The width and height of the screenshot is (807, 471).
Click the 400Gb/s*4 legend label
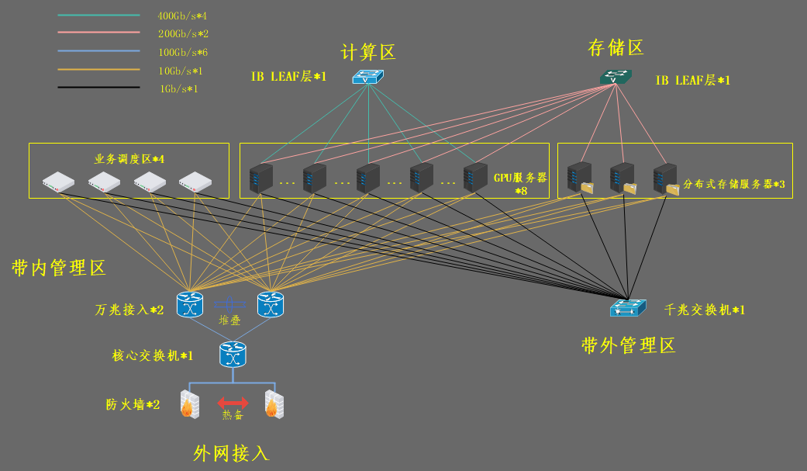[183, 16]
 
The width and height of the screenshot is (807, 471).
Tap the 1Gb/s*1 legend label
[178, 89]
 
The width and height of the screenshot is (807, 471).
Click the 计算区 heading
[368, 53]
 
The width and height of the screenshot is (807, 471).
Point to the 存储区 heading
[616, 49]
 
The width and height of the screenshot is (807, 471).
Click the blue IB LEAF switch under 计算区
[367, 77]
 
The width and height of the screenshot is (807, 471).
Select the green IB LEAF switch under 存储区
[616, 77]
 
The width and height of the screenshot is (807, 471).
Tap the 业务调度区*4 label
[129, 159]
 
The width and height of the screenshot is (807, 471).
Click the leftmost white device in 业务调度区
[58, 182]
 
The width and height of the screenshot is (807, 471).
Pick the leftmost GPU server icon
[260, 178]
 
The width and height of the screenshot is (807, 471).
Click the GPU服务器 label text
[520, 178]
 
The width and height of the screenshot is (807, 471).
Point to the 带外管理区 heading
[628, 345]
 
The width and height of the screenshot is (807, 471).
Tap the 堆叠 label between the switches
[230, 319]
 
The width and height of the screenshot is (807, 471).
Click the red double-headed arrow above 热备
[233, 403]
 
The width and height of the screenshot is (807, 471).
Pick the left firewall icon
[189, 403]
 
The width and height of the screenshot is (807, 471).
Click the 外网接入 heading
[231, 453]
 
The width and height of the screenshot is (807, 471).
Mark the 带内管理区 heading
[58, 268]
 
